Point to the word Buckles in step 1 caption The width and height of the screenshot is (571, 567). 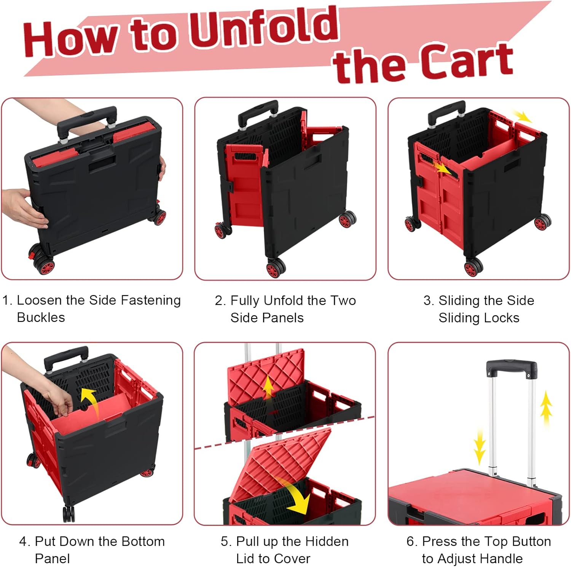[x=41, y=317]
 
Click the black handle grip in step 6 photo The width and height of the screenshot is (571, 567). [x=511, y=368]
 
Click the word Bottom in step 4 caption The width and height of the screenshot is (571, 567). [x=144, y=541]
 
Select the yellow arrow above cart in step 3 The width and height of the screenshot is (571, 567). [x=522, y=116]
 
